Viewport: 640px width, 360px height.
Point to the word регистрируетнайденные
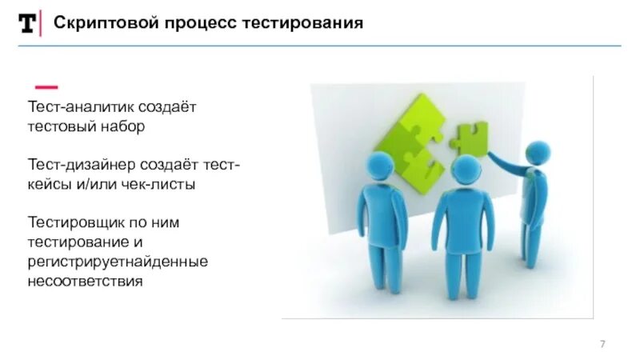(x=118, y=262)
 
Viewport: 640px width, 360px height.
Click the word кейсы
(x=49, y=184)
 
